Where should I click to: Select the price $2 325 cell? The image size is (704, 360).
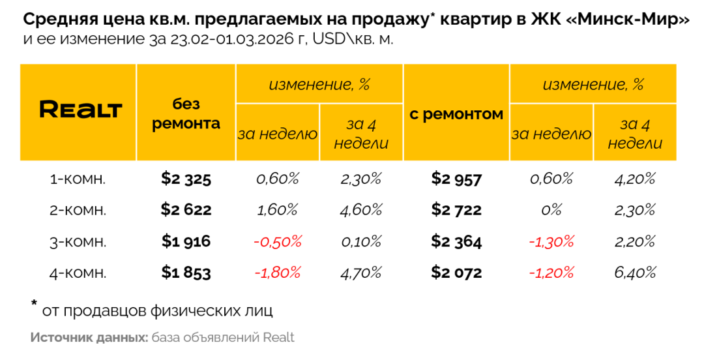point(186,179)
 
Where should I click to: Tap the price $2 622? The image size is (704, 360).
point(186,210)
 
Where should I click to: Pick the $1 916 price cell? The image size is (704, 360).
point(186,241)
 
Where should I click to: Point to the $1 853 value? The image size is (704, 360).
point(186,273)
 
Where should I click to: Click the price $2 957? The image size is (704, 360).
point(456,179)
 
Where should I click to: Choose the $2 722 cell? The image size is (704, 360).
point(456,210)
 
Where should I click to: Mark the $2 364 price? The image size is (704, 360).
point(456,241)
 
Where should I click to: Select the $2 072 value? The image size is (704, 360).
point(456,273)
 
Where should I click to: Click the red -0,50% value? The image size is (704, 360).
point(277,241)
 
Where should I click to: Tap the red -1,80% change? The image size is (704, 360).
point(277,273)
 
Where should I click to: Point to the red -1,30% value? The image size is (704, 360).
point(551,241)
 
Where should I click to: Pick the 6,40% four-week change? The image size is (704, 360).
point(634,273)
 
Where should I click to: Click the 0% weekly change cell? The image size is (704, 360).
point(551,210)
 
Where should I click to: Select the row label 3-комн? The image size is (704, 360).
point(78,241)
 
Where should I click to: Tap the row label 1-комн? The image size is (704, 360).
point(78,179)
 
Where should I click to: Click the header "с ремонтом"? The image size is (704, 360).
point(456,114)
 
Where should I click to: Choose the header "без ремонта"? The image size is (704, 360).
point(186,113)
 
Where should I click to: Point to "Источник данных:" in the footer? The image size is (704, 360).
point(89,338)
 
